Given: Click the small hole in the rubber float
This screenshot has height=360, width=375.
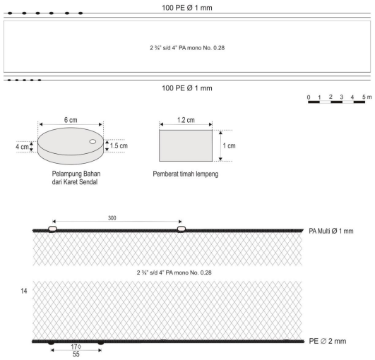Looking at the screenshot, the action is click(93, 141).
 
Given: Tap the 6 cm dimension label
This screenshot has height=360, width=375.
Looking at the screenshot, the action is click(71, 120).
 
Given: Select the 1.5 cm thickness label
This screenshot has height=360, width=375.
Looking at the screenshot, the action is click(119, 145).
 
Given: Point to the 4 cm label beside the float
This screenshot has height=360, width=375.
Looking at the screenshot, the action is click(22, 147).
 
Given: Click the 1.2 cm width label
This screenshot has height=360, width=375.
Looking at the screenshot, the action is click(186, 120).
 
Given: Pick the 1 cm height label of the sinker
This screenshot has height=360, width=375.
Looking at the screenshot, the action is click(229, 145).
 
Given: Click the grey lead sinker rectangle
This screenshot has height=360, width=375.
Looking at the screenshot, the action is click(186, 145).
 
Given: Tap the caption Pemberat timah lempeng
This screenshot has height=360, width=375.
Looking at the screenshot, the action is click(186, 174).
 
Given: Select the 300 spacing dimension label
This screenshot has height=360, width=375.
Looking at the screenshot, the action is click(112, 218).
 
